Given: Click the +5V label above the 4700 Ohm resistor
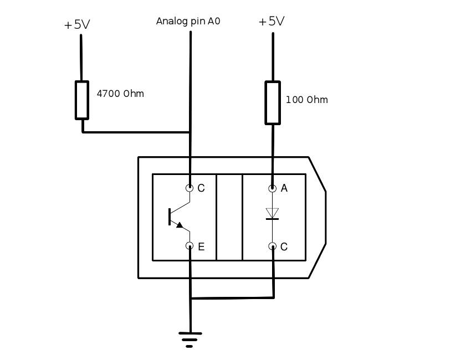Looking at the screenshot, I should pyautogui.click(x=77, y=24).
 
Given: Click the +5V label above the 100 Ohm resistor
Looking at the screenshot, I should pyautogui.click(x=272, y=22).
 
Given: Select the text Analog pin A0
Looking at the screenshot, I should pyautogui.click(x=188, y=22).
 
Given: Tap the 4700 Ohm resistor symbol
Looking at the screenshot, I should pyautogui.click(x=82, y=100).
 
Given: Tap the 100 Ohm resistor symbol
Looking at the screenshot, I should pyautogui.click(x=273, y=102).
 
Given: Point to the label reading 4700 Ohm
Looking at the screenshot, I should pyautogui.click(x=120, y=94).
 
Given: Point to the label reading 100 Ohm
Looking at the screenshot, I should pyautogui.click(x=306, y=100).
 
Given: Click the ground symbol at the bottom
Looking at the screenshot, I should pyautogui.click(x=190, y=338).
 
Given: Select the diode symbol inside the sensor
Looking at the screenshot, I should pyautogui.click(x=272, y=214).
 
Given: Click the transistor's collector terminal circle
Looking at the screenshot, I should pyautogui.click(x=190, y=188).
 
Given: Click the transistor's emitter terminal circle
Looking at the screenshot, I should pyautogui.click(x=190, y=246).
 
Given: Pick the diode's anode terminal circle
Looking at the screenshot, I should pyautogui.click(x=272, y=188).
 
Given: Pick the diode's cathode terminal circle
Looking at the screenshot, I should pyautogui.click(x=272, y=246).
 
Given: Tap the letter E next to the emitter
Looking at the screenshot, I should pyautogui.click(x=201, y=247).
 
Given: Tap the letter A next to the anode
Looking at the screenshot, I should pyautogui.click(x=284, y=188).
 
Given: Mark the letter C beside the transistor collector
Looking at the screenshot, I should pyautogui.click(x=201, y=188).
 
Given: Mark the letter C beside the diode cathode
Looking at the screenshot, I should pyautogui.click(x=284, y=247).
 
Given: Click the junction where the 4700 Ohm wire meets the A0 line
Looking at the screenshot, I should pyautogui.click(x=191, y=132).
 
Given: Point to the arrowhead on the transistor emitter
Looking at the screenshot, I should pyautogui.click(x=179, y=225).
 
